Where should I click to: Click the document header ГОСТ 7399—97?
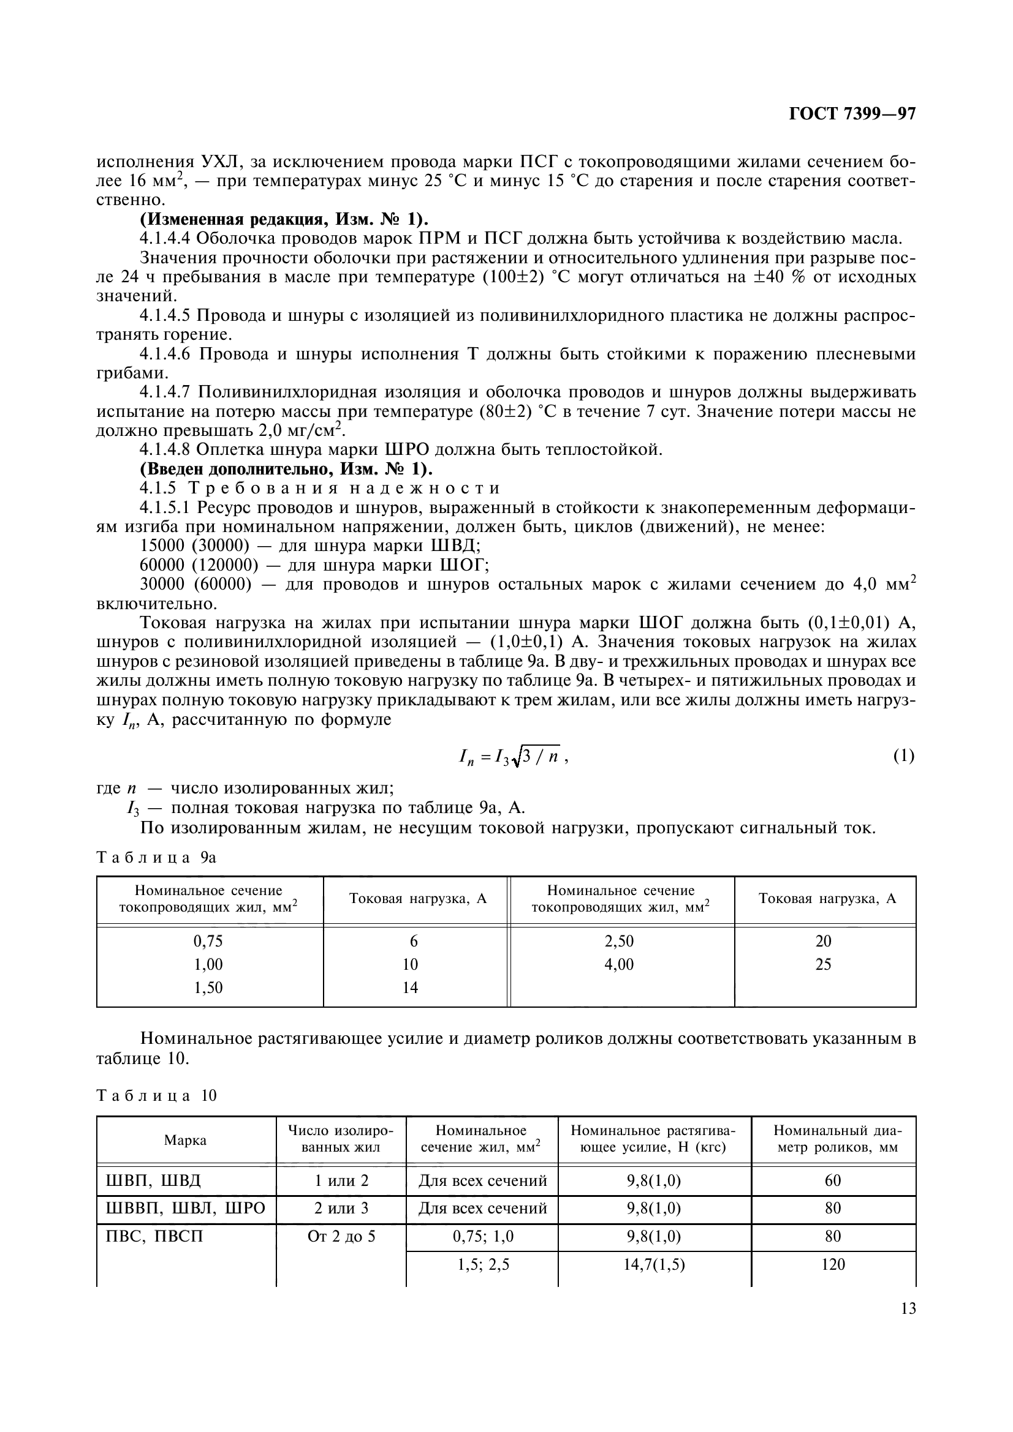(x=852, y=114)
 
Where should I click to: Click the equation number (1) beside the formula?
(x=903, y=756)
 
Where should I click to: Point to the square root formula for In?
(x=511, y=757)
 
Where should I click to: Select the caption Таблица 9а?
(x=156, y=858)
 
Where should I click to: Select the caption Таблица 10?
(x=156, y=1095)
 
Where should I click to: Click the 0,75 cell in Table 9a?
(x=208, y=941)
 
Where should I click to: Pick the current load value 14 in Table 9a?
(x=410, y=988)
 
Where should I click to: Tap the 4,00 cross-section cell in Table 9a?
(x=618, y=964)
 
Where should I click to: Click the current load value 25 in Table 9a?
(x=823, y=964)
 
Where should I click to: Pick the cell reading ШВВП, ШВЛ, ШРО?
(x=182, y=1209)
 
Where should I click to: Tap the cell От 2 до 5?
(x=341, y=1236)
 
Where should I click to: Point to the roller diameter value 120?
(x=833, y=1264)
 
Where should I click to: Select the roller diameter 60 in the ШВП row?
(x=833, y=1180)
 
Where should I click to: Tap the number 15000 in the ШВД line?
(x=162, y=545)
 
